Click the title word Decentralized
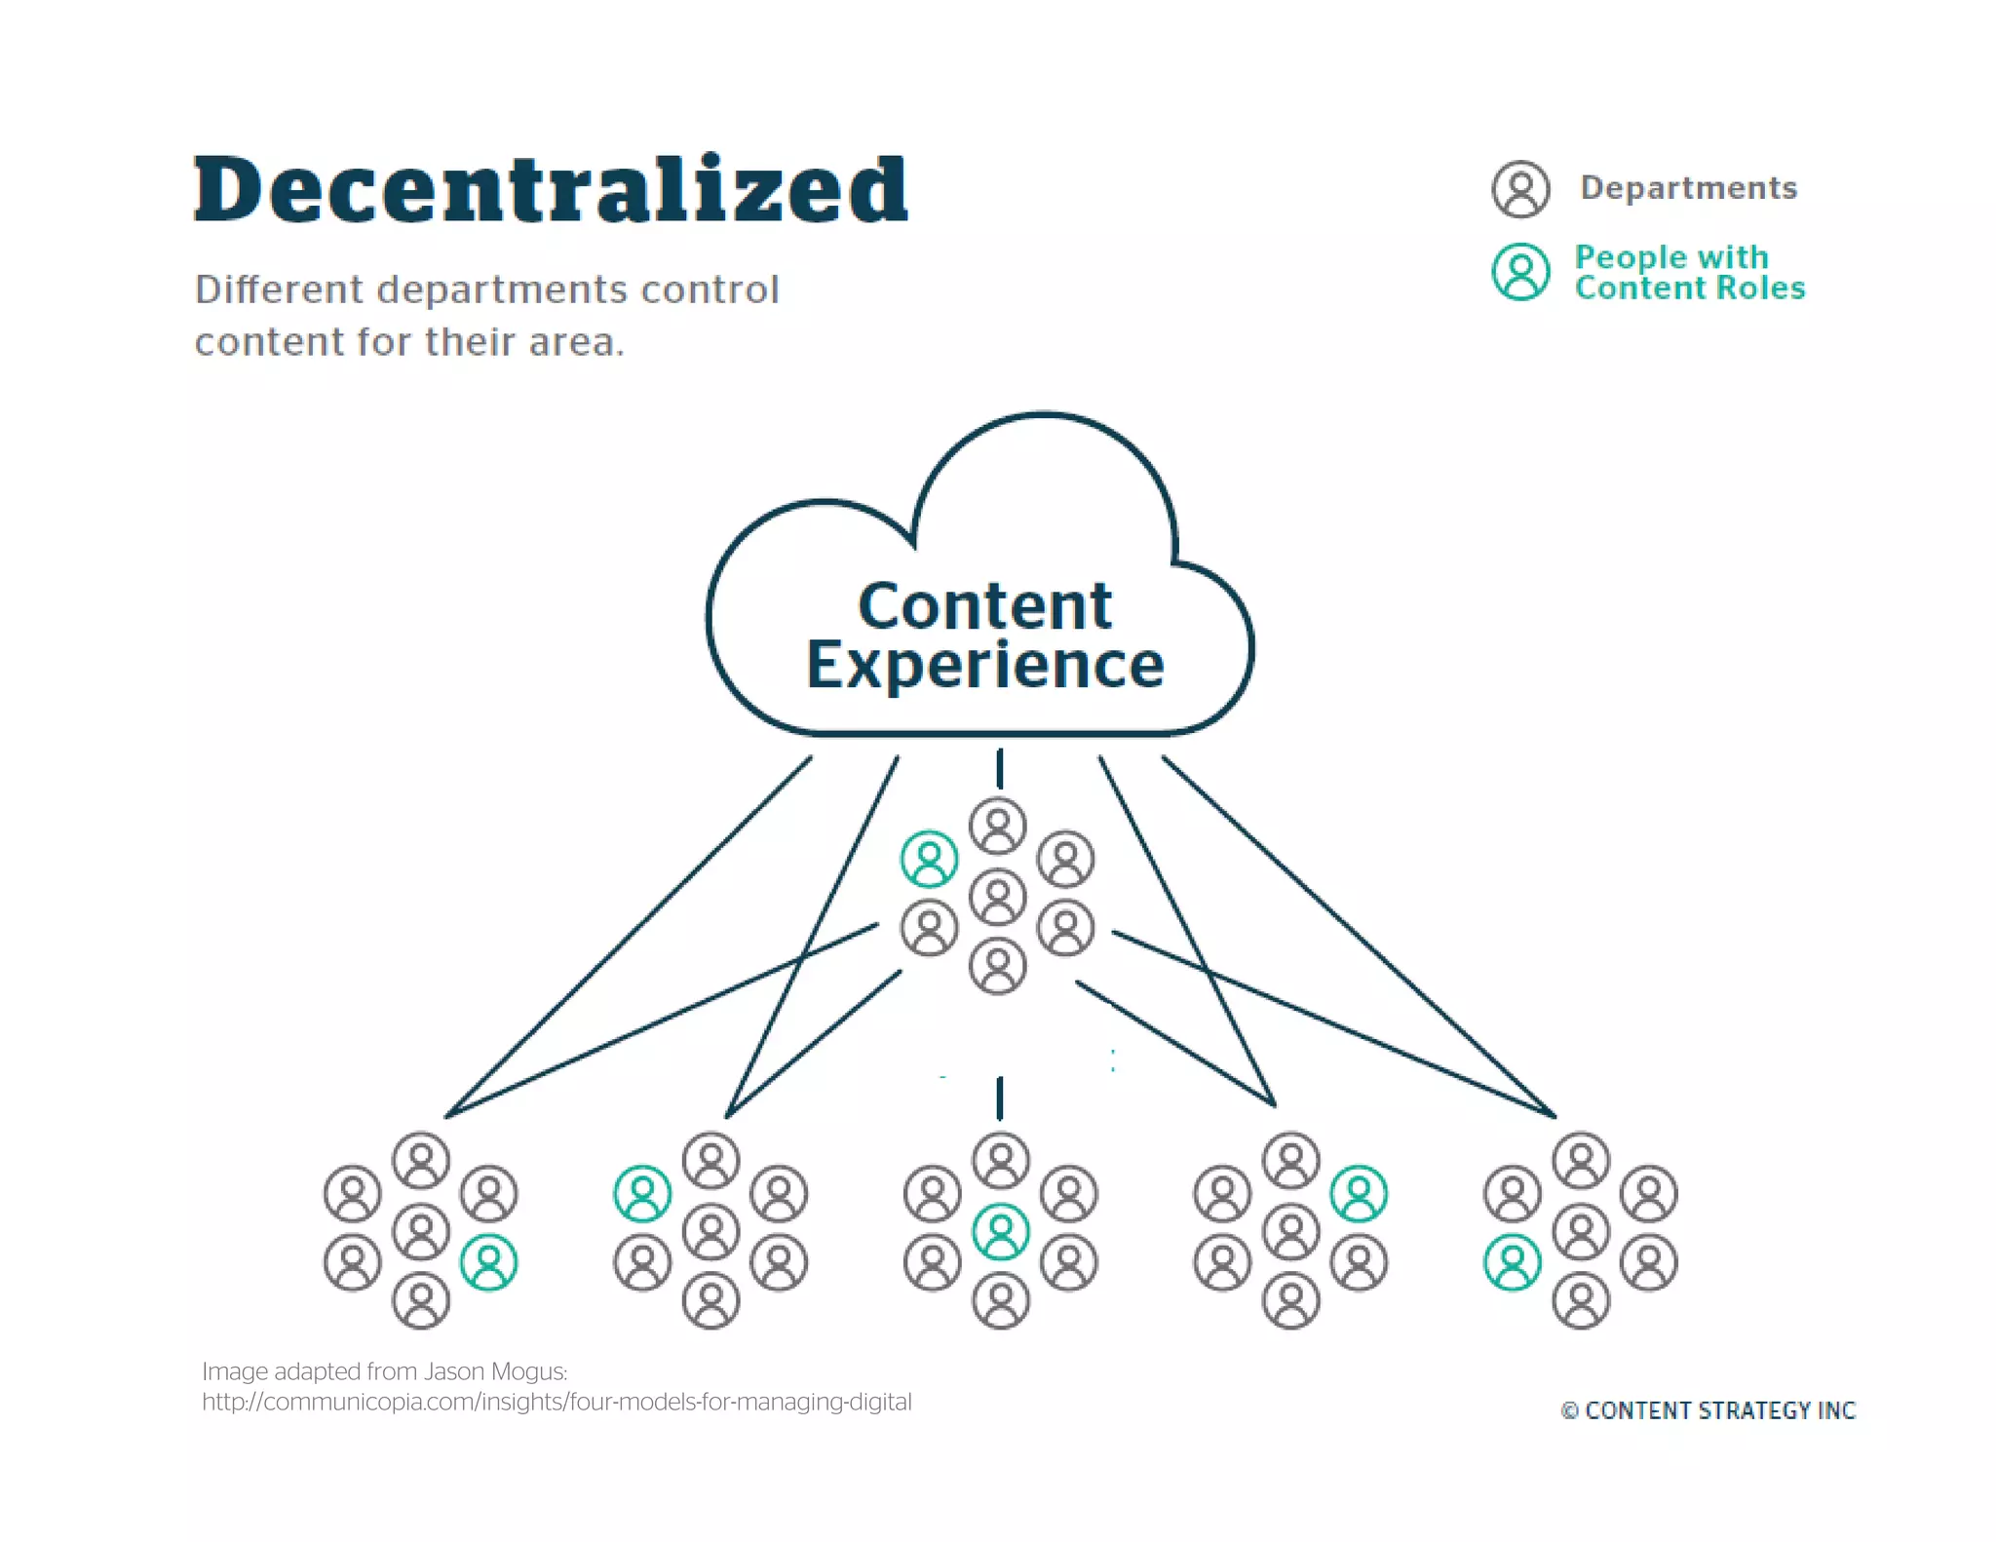click(x=551, y=190)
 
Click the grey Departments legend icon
click(x=1520, y=189)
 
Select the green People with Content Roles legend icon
click(x=1520, y=272)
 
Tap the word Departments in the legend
click(x=1688, y=188)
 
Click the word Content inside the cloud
click(x=984, y=606)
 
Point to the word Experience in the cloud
click(x=984, y=666)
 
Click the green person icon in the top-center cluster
click(x=930, y=859)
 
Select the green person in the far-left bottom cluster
click(x=489, y=1262)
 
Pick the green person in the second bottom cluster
click(x=643, y=1194)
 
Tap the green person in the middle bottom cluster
click(x=1001, y=1232)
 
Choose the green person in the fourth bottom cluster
click(x=1360, y=1194)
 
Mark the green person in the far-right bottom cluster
click(x=1513, y=1262)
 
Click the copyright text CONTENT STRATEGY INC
click(x=1719, y=1410)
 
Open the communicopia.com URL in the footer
click(x=557, y=1403)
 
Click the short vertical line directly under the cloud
click(x=1000, y=768)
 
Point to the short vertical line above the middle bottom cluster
click(x=1000, y=1099)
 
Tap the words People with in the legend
click(x=1671, y=257)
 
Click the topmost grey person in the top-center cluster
click(x=998, y=826)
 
